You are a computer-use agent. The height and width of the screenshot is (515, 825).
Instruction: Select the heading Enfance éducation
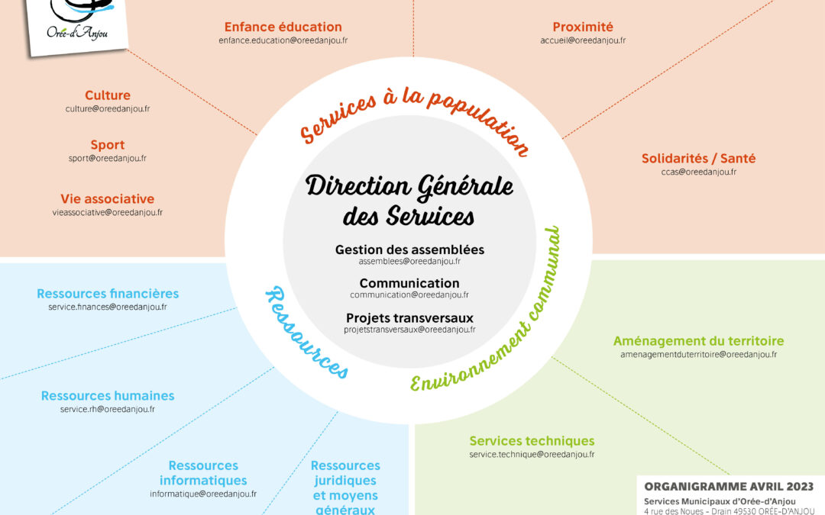pos(283,27)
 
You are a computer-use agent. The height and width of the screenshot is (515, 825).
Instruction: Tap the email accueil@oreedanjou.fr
pos(583,40)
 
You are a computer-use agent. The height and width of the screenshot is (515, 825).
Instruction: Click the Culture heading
pos(108,95)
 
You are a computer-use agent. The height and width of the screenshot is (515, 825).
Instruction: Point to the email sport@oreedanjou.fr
pos(108,158)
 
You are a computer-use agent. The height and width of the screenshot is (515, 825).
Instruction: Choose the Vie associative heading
pos(108,198)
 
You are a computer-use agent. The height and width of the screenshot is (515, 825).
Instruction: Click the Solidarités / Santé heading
pos(698,158)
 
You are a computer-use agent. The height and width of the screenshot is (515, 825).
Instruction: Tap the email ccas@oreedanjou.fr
pos(699,172)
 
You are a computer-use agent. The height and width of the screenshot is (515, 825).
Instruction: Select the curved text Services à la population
pos(414,118)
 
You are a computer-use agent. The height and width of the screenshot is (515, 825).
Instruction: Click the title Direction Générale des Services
pos(409,201)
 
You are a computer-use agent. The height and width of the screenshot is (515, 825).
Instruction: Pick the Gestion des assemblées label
pos(410,249)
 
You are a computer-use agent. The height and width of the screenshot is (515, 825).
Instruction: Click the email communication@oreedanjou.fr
pos(409,295)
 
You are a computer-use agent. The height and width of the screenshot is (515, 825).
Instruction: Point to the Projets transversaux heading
pos(410,318)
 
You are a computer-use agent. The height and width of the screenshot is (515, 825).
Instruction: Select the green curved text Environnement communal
pos(485,310)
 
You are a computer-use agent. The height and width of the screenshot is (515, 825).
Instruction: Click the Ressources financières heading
pos(108,294)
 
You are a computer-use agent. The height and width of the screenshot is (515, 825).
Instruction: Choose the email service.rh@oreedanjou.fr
pos(108,410)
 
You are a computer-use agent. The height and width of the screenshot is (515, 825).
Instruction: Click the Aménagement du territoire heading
pos(698,341)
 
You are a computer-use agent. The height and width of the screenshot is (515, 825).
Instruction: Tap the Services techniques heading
pos(532,441)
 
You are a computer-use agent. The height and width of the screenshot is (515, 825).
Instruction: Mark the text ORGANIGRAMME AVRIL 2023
pos(729,487)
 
